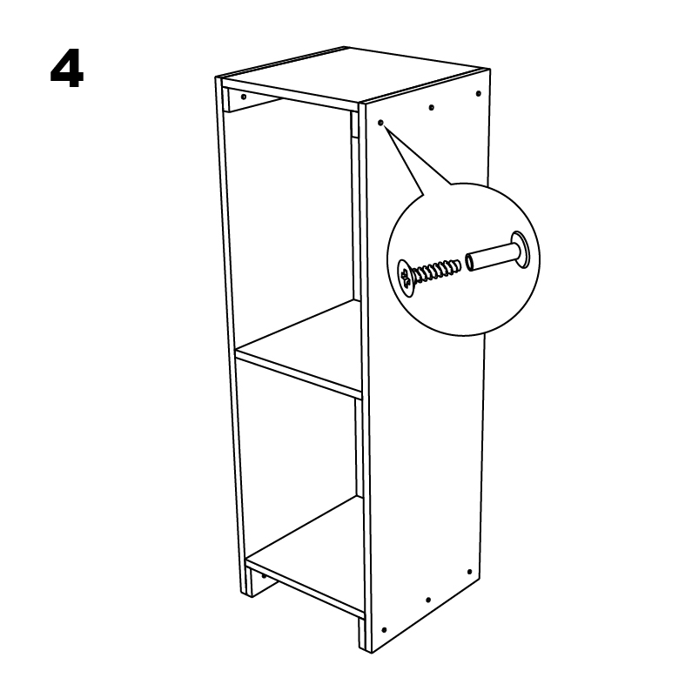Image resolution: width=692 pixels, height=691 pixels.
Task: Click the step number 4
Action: click(x=67, y=69)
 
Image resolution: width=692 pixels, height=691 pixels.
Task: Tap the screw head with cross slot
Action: click(x=405, y=278)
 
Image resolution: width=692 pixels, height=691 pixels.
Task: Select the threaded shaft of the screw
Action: click(x=436, y=271)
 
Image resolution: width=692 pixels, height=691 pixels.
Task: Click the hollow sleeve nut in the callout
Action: click(x=497, y=253)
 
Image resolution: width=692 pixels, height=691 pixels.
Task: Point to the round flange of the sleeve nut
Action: click(x=520, y=249)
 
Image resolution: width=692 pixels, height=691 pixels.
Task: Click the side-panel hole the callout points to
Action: click(x=381, y=123)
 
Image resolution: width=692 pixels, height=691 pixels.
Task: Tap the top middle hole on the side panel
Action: click(x=431, y=107)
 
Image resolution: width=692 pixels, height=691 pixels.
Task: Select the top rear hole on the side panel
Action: click(x=479, y=93)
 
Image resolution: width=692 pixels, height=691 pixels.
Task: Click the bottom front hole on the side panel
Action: click(x=384, y=630)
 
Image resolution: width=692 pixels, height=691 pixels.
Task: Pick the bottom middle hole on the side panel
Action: click(x=427, y=600)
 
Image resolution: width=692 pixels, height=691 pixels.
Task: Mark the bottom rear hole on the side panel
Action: click(x=469, y=572)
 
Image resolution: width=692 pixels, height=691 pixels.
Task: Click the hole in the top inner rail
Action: click(x=244, y=97)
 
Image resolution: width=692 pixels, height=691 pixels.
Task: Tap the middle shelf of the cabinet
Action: click(x=299, y=349)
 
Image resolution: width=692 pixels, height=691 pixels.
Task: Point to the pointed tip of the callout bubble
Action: click(x=384, y=126)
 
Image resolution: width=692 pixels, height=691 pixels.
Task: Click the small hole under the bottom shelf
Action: click(x=264, y=576)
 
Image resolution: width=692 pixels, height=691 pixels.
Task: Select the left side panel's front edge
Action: click(x=230, y=335)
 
